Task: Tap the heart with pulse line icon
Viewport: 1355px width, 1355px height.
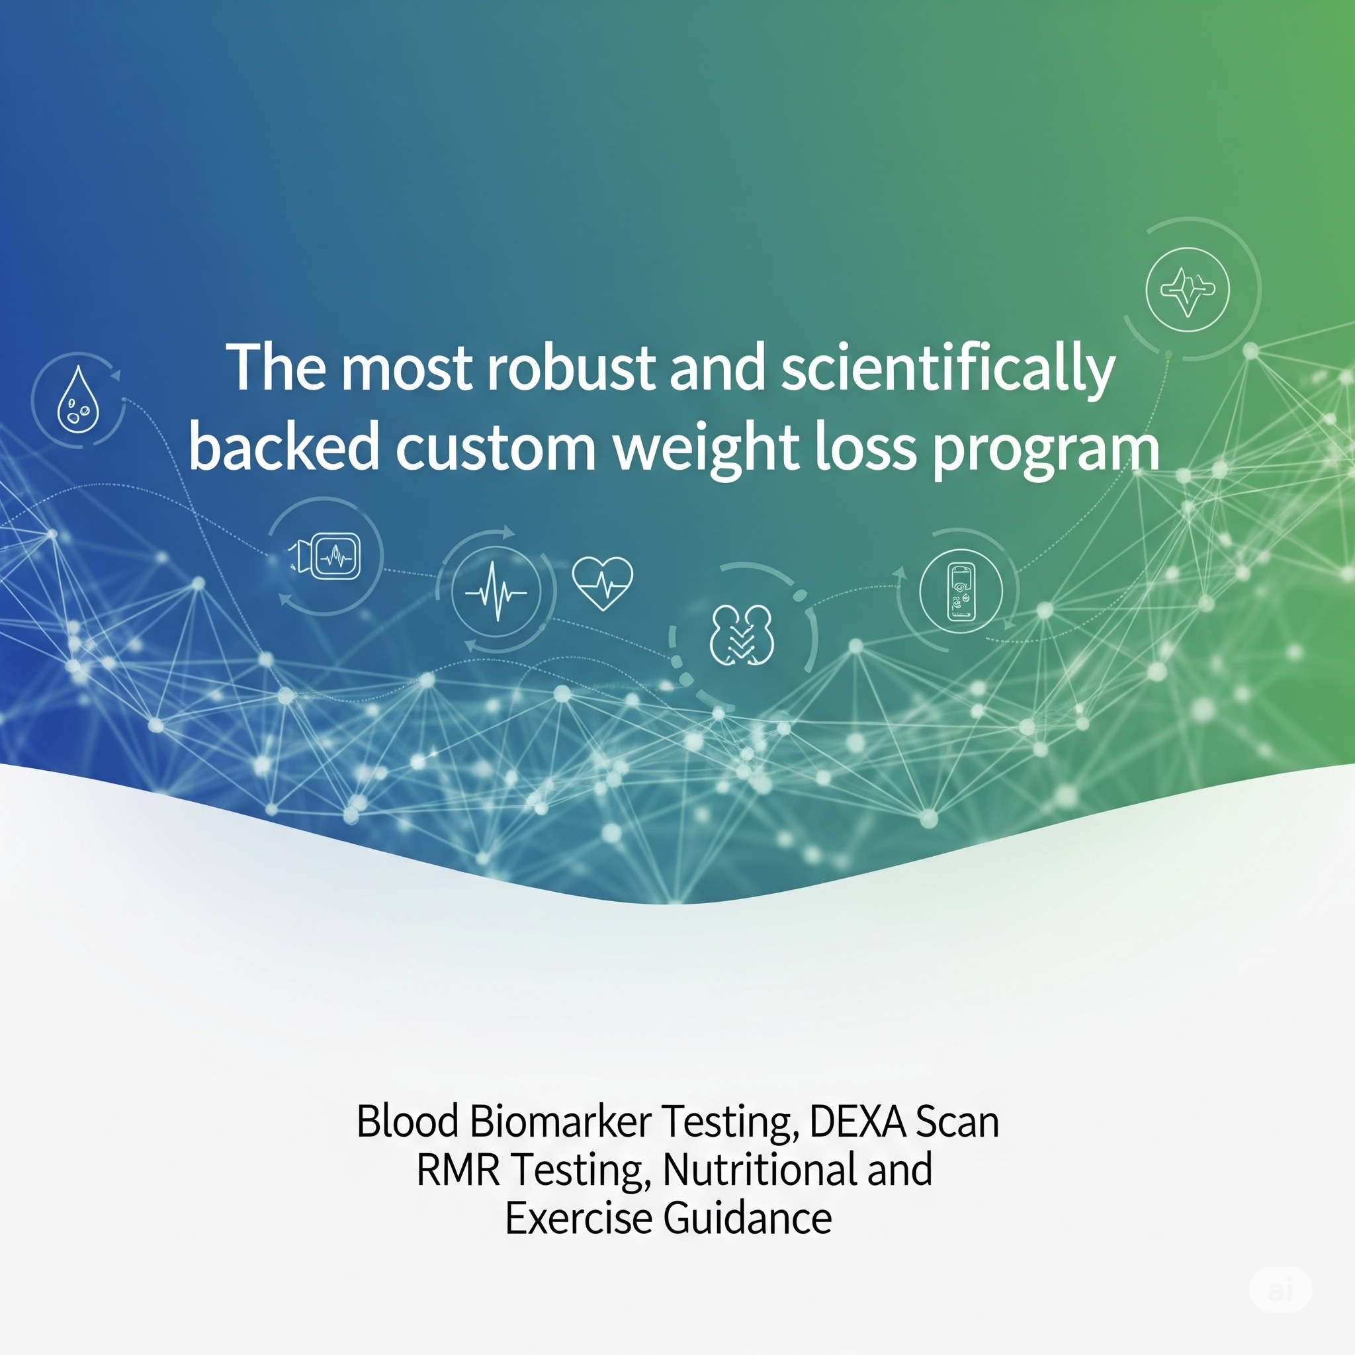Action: tap(603, 582)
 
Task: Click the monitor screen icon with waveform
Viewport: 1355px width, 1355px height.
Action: tap(334, 556)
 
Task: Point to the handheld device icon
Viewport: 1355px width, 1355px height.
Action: tap(961, 591)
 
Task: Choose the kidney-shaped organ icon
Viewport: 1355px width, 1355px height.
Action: tap(742, 635)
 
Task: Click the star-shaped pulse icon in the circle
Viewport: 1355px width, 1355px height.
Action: tap(1187, 289)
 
